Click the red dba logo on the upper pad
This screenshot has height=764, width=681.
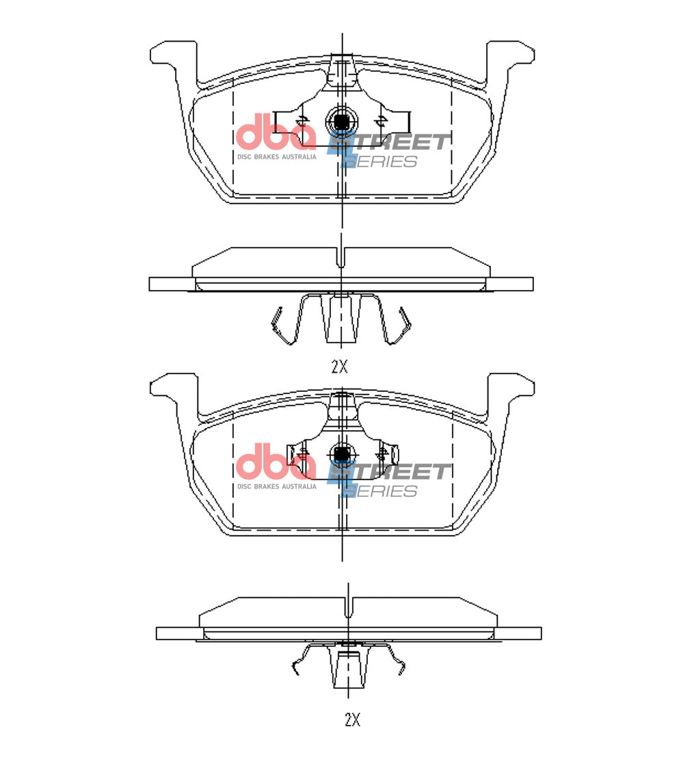pos(276,131)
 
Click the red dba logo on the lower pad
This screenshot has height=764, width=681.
pos(276,462)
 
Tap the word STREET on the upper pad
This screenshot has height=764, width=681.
pos(389,142)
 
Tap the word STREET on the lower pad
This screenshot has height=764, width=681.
pos(389,472)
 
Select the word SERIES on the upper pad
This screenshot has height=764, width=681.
pos(380,161)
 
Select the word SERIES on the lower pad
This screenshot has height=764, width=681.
pos(380,491)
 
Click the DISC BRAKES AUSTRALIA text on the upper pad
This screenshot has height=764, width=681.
pos(277,157)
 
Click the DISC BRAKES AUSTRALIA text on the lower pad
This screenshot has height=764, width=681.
pos(277,486)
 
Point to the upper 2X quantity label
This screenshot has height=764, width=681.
pos(340,367)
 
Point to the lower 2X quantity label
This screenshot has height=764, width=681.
pos(352,720)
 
